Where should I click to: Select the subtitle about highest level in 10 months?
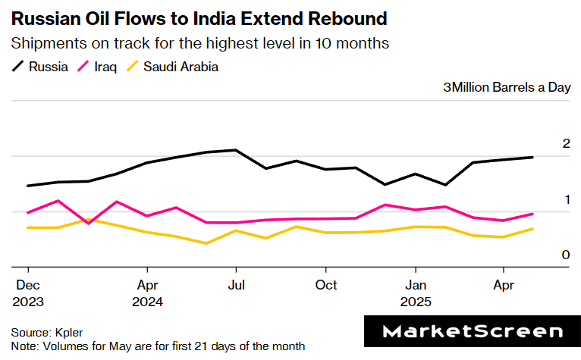[x=200, y=43]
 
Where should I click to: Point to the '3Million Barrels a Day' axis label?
[x=506, y=87]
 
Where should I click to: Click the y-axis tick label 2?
[x=565, y=144]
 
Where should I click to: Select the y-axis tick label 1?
[x=565, y=199]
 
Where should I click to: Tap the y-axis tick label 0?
[x=565, y=255]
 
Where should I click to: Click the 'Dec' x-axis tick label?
[x=28, y=286]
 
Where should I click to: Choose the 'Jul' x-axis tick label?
[x=236, y=286]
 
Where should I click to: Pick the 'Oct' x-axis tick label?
[x=326, y=286]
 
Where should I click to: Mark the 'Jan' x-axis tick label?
[x=415, y=286]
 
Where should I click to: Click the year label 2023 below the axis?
[x=28, y=301]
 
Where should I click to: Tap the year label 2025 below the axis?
[x=415, y=301]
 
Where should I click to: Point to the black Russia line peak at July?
[x=236, y=150]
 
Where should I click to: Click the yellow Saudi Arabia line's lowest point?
[x=206, y=243]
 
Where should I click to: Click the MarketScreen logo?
[x=473, y=331]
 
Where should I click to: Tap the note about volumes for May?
[x=158, y=346]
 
